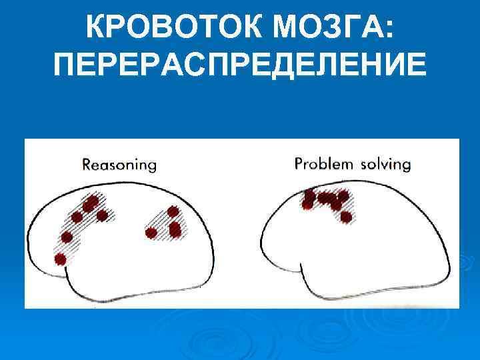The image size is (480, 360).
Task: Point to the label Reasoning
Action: [119, 164]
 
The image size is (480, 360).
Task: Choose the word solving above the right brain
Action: [385, 164]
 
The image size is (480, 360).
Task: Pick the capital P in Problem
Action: [299, 163]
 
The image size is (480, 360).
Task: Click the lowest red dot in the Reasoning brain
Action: [61, 259]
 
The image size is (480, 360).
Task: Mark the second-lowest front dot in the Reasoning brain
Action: [67, 237]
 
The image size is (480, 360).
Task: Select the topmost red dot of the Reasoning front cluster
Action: [93, 201]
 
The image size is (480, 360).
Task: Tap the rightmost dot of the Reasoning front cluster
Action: [102, 215]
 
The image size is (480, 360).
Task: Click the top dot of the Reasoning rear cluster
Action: [173, 212]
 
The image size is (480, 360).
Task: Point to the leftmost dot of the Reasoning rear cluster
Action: [151, 233]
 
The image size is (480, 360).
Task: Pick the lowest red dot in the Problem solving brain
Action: [345, 217]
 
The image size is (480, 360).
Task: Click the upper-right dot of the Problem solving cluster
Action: [343, 196]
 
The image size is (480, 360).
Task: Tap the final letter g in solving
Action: [406, 165]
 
